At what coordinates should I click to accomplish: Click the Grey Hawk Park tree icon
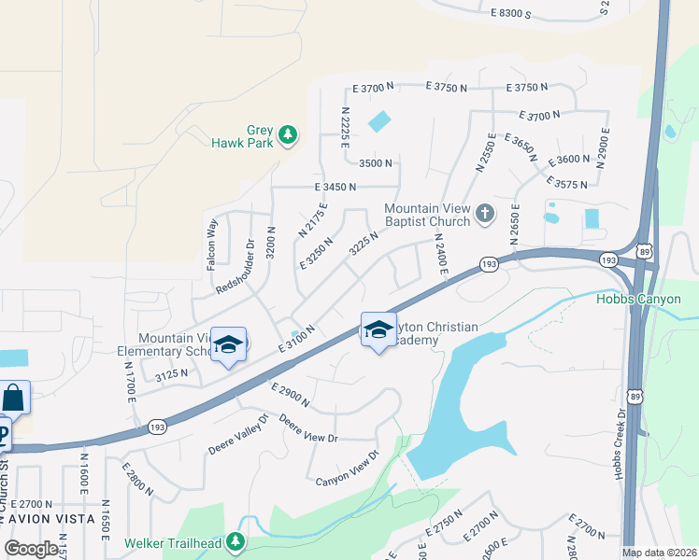(289, 135)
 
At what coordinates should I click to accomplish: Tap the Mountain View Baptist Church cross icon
(484, 214)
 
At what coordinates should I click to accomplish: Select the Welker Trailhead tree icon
(235, 540)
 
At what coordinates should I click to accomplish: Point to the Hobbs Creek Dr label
(619, 444)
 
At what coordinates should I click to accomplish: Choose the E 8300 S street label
(510, 14)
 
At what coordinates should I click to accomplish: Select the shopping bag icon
(14, 398)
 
